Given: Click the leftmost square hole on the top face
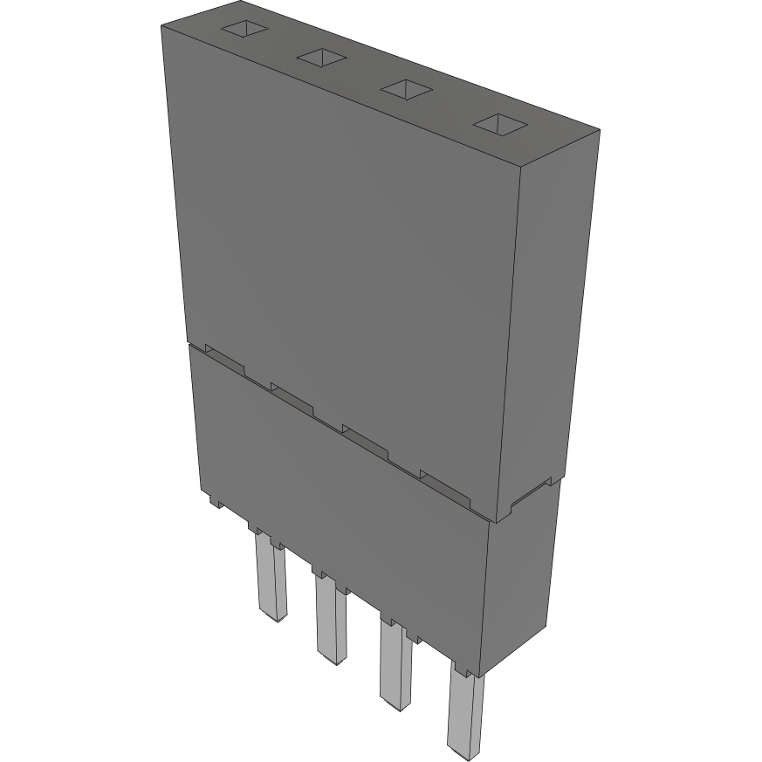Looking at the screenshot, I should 243,29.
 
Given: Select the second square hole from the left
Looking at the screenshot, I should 323,58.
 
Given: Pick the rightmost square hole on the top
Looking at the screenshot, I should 500,125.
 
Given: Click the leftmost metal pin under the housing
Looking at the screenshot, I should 270,580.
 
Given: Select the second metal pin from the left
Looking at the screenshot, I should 330,620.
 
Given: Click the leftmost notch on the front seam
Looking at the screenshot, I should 224,356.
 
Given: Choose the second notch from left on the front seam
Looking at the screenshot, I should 292,396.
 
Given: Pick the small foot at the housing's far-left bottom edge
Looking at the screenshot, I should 213,502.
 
